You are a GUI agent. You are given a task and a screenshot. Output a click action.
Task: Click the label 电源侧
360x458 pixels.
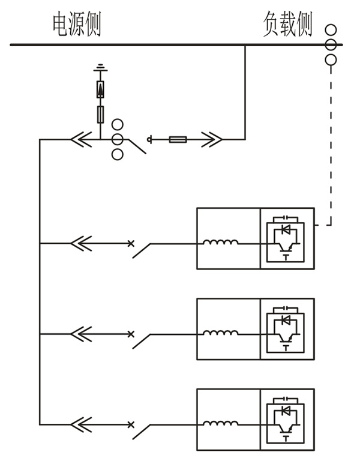click(77, 25)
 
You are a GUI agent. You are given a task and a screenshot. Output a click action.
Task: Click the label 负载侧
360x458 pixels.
click(287, 25)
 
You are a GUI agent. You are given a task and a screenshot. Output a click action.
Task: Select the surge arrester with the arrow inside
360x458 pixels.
click(100, 89)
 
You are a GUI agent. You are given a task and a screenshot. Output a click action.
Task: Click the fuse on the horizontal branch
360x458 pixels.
click(178, 140)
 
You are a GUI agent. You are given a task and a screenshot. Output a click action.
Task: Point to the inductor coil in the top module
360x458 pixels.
click(220, 243)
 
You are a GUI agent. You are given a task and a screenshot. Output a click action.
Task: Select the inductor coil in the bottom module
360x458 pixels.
click(220, 423)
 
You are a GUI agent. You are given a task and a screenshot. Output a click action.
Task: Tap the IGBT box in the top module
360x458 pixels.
click(287, 238)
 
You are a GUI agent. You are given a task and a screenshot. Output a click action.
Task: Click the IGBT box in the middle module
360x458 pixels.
click(287, 329)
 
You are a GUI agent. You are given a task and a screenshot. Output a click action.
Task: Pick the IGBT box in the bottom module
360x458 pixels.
click(287, 420)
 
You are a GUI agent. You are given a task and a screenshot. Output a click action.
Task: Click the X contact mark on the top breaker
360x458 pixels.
click(131, 243)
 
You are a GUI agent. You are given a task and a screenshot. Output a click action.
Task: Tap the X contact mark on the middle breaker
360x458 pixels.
click(131, 334)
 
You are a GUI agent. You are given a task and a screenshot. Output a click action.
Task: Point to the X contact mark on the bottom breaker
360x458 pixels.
click(131, 424)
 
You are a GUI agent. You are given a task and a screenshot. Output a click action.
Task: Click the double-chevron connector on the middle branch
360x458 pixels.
click(81, 334)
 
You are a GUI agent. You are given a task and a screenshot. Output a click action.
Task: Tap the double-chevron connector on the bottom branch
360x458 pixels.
click(81, 424)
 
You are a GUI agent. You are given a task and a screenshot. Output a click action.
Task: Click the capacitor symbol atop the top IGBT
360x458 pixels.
click(287, 217)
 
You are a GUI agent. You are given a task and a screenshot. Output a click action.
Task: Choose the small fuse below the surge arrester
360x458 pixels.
click(100, 113)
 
